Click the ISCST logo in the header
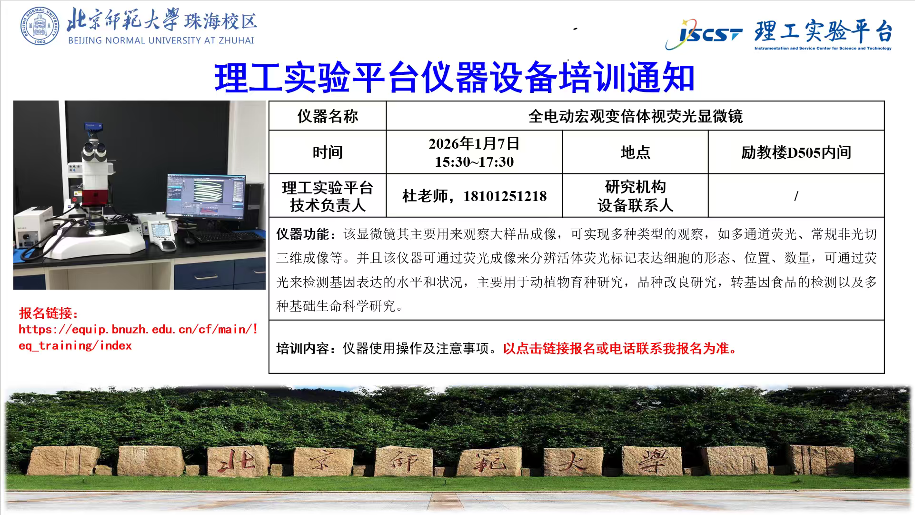click(x=704, y=33)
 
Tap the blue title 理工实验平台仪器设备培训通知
click(x=455, y=77)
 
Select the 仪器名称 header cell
click(x=328, y=116)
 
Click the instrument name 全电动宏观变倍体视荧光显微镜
click(x=635, y=116)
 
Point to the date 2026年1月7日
click(x=474, y=143)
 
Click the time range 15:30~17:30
click(x=474, y=162)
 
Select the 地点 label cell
click(x=635, y=152)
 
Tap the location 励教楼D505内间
click(x=796, y=152)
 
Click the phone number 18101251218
click(x=505, y=196)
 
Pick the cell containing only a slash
click(x=796, y=196)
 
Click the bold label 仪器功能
click(x=303, y=234)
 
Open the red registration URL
click(x=138, y=337)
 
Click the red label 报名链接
click(x=49, y=313)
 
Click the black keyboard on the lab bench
click(x=226, y=236)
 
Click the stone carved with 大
click(x=573, y=461)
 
